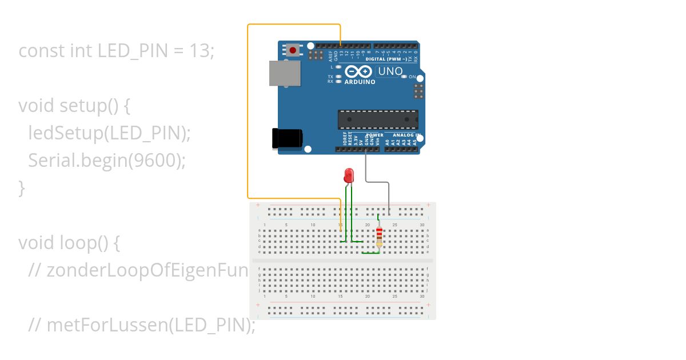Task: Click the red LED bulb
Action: click(349, 175)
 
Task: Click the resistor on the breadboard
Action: click(379, 237)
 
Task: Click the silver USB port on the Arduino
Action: click(285, 73)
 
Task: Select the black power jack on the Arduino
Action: click(286, 139)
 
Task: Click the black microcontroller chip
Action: click(377, 119)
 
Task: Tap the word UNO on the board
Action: click(390, 71)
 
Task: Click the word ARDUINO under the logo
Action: click(360, 82)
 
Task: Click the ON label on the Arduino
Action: click(412, 77)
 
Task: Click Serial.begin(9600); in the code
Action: click(107, 161)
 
